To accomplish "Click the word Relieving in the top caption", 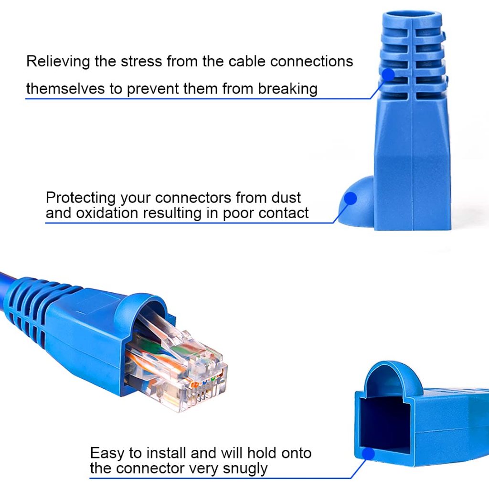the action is coord(58,62).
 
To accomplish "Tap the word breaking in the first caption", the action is coord(288,88).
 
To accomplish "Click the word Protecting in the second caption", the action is coord(81,197).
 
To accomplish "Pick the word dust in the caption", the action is coord(287,197).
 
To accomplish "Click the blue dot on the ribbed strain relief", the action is coord(388,74).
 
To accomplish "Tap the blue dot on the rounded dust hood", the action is coord(351,198).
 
